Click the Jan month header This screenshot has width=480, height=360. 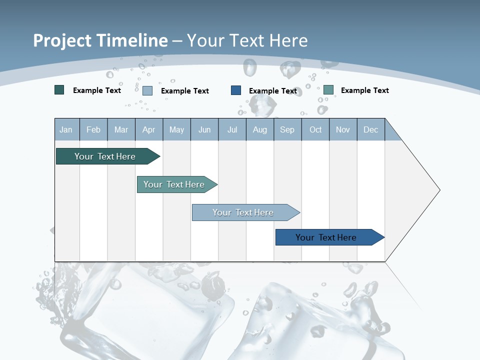pos(66,129)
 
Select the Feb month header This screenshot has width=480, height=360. pos(93,129)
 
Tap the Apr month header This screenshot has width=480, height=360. pos(148,129)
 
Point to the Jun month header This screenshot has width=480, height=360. pos(204,129)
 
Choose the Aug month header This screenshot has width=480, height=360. pos(260,129)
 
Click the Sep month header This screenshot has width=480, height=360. pos(287,129)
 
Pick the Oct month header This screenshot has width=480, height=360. pos(315,129)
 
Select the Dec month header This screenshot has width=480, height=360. pos(371,129)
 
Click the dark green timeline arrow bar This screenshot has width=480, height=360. pos(105,156)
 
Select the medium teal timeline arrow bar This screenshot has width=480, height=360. pos(174,184)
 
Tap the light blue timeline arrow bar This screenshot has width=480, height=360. pos(243,212)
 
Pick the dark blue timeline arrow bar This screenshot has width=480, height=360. pos(326,237)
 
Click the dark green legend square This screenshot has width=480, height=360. pos(59,90)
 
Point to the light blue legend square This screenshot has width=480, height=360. pos(147,90)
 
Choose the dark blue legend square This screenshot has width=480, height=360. pos(236,90)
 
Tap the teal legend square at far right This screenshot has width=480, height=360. pos(328,90)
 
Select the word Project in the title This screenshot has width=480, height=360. pos(62,40)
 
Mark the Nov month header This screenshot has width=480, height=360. pos(343,129)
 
